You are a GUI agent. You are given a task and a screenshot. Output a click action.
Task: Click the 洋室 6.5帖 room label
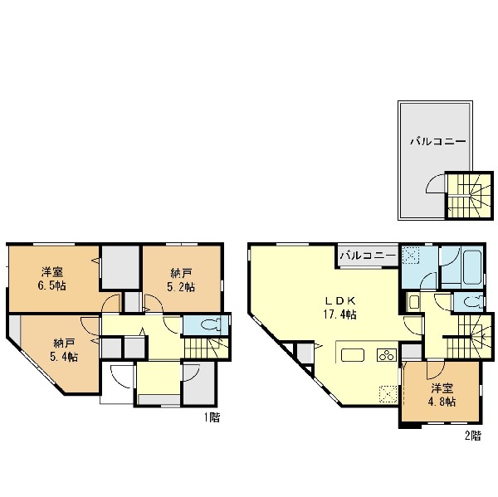52,279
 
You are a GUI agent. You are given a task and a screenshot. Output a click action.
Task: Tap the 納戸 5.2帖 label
181,280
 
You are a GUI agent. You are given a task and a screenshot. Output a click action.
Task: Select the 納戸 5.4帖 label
64,350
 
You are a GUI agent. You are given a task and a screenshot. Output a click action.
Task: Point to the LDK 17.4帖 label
339,307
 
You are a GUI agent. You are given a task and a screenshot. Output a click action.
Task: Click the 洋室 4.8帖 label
442,395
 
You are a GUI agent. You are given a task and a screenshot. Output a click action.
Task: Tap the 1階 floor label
212,417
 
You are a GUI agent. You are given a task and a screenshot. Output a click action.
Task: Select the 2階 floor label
473,436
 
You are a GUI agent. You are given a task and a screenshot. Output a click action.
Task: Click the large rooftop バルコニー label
438,141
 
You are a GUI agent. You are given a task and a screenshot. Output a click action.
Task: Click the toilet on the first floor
210,325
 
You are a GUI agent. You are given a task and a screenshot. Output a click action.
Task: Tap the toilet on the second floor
473,302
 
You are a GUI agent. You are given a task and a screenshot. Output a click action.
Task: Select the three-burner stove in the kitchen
387,355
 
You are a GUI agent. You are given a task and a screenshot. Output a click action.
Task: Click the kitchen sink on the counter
353,355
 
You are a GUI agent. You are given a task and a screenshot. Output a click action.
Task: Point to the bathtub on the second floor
472,267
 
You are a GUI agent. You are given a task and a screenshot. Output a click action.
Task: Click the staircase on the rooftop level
470,195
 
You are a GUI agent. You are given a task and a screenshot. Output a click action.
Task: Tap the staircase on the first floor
206,348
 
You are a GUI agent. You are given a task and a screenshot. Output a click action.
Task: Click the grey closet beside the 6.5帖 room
120,267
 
